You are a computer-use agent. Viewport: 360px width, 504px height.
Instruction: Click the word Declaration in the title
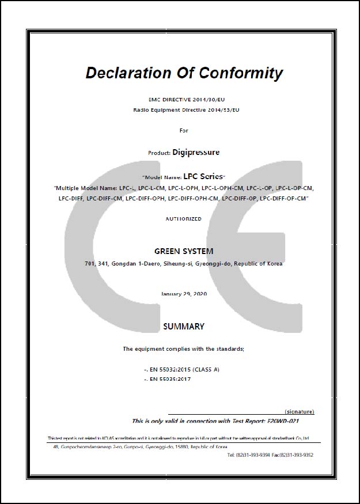click(120, 74)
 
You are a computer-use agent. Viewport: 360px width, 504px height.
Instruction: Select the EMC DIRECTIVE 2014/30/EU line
click(184, 100)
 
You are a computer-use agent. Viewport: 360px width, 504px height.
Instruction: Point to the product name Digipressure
click(196, 153)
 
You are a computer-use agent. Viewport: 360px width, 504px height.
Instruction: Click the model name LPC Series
click(204, 177)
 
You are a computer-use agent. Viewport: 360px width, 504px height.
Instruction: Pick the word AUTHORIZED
click(184, 219)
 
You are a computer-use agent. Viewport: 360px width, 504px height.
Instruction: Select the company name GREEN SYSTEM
click(184, 251)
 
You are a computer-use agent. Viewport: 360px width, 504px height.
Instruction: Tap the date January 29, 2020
click(184, 294)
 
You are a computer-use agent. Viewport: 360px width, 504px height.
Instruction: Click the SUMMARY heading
click(184, 327)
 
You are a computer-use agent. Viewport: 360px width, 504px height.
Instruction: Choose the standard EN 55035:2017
click(170, 379)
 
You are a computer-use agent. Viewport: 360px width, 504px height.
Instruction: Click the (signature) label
click(300, 412)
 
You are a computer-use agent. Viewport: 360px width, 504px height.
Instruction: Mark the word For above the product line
click(184, 131)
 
